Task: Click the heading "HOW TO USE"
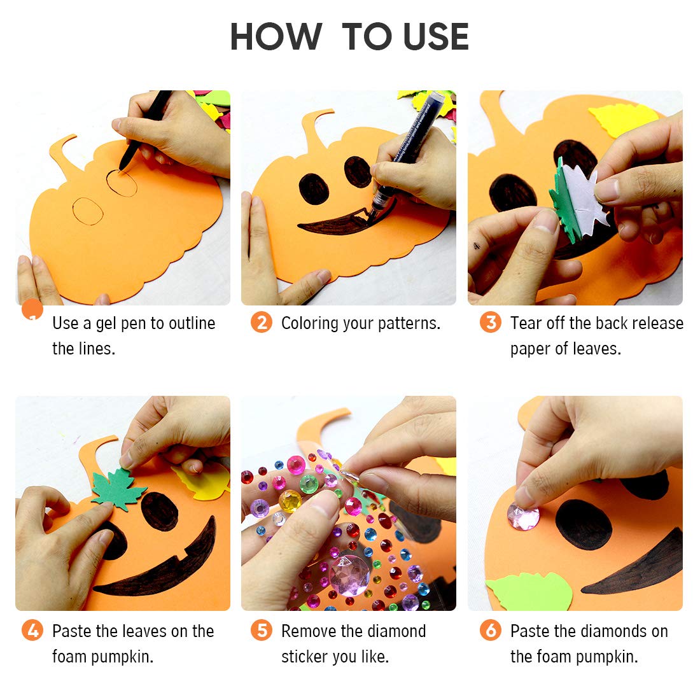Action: (x=349, y=37)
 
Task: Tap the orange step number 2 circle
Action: (x=261, y=323)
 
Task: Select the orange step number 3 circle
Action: (x=490, y=323)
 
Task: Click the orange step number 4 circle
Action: (x=32, y=631)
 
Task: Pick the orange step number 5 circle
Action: (x=261, y=631)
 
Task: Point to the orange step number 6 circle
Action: (x=490, y=631)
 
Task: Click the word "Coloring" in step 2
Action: (x=310, y=323)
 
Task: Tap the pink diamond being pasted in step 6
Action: (x=523, y=516)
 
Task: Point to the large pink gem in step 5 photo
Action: (x=349, y=573)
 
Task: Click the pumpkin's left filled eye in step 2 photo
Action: (x=314, y=189)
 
